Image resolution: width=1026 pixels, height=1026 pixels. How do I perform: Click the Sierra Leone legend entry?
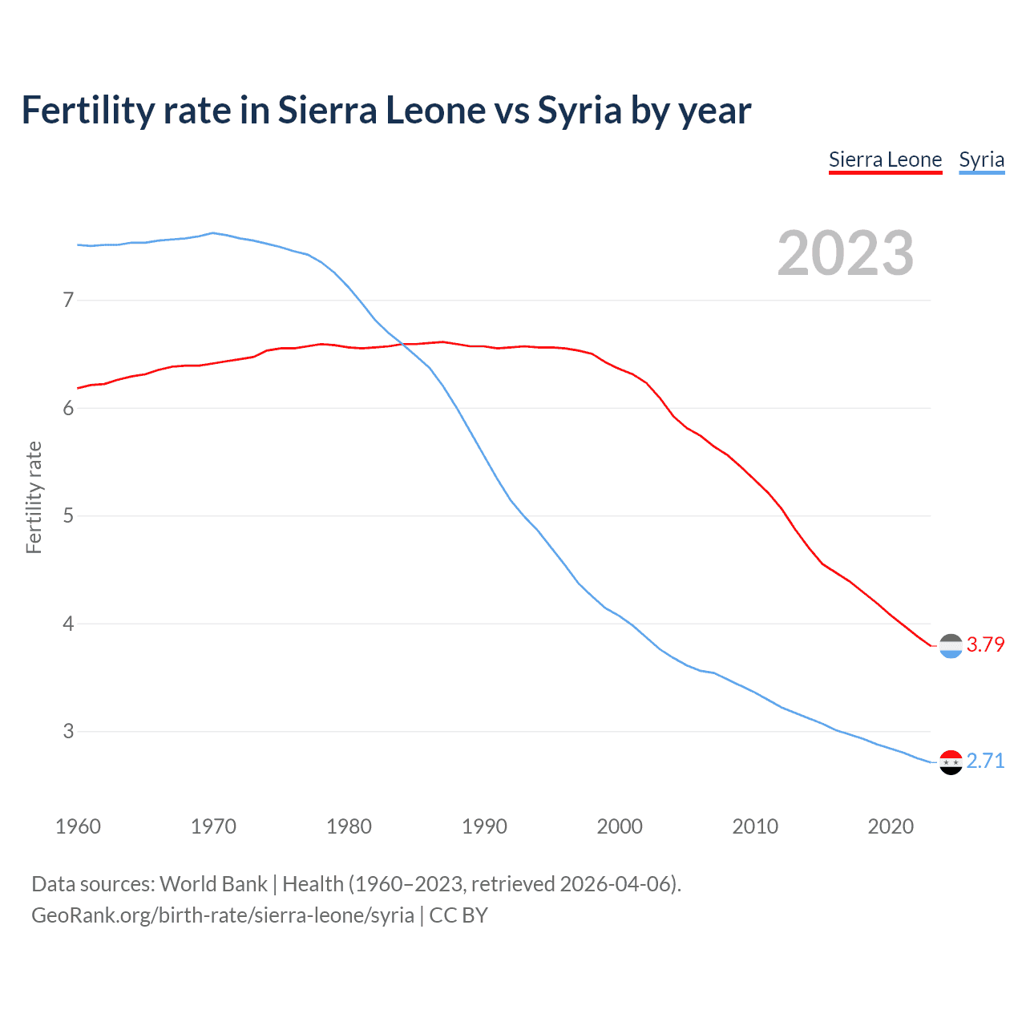885,160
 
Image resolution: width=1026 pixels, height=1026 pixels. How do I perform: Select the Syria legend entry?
981,160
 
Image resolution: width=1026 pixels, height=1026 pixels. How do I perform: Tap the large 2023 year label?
846,253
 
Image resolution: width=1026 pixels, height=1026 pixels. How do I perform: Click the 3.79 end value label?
985,644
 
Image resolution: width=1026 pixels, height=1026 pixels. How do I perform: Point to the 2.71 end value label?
985,761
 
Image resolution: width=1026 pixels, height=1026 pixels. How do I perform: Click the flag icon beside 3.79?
951,645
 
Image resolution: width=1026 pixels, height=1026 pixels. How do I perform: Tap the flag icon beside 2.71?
951,761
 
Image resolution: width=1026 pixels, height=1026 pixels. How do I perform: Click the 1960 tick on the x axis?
78,826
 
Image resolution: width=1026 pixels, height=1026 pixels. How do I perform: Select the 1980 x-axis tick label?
349,826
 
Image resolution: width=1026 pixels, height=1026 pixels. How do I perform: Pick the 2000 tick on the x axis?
620,826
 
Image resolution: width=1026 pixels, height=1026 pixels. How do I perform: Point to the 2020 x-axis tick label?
891,826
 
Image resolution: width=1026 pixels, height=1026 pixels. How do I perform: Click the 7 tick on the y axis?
68,301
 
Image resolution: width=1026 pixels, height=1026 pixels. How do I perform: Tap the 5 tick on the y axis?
68,515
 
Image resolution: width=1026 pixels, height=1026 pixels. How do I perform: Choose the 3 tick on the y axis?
68,731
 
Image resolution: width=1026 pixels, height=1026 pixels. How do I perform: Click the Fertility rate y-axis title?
34,497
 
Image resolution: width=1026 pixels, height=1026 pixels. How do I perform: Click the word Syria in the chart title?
580,111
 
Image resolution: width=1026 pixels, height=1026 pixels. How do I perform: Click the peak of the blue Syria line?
212,233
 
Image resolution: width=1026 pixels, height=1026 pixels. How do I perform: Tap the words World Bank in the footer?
213,883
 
